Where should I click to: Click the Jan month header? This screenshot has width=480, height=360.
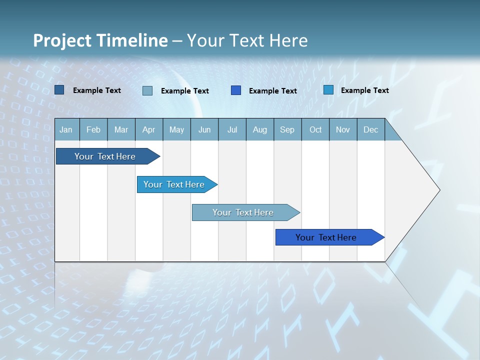66,129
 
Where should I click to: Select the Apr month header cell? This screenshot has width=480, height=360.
148,129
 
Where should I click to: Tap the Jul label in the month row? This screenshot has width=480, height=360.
232,129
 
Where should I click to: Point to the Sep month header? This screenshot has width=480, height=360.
287,129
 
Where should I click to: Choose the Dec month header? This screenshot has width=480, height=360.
370,129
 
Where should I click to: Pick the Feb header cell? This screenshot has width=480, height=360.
93,129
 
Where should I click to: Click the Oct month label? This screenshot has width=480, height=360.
315,129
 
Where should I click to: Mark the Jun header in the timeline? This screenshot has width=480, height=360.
204,129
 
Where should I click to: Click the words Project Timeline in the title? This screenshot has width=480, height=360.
100,40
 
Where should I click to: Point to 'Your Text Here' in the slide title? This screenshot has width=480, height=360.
247,40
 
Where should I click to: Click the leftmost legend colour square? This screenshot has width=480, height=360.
59,90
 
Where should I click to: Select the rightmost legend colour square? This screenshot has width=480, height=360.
328,90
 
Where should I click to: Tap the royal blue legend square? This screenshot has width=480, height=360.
236,90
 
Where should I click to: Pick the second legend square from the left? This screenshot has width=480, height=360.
147,90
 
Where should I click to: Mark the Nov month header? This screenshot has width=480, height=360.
343,129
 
